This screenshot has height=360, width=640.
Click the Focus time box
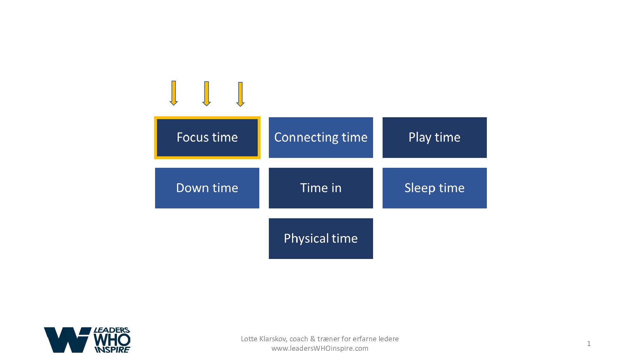(x=207, y=138)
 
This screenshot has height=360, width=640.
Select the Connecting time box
(x=321, y=138)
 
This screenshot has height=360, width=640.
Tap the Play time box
(x=435, y=138)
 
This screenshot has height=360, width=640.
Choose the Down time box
(x=207, y=188)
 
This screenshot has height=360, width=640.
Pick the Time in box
(x=321, y=188)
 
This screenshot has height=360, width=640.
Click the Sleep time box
(x=435, y=188)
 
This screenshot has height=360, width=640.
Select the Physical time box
(x=321, y=239)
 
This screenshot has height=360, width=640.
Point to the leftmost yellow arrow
(x=174, y=93)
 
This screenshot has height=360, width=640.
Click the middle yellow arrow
(x=207, y=94)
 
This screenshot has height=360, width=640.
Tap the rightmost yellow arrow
(x=241, y=94)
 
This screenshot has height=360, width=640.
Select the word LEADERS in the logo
(x=112, y=330)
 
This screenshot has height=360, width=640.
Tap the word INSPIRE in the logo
(x=112, y=350)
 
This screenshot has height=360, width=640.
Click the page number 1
(x=589, y=343)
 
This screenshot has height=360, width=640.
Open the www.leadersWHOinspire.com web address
(x=320, y=348)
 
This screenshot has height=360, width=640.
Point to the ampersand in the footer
(x=312, y=339)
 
